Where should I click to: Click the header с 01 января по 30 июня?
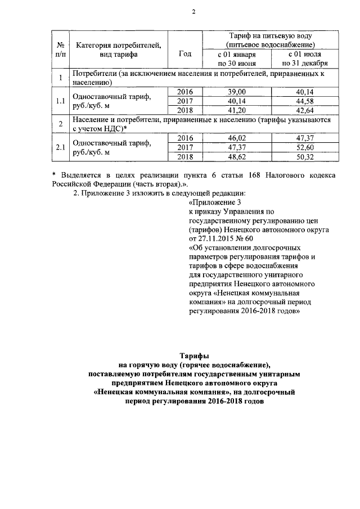tap(237, 59)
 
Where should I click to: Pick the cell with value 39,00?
tap(237, 92)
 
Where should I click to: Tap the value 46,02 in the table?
tap(237, 138)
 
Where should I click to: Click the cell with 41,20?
tap(237, 110)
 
